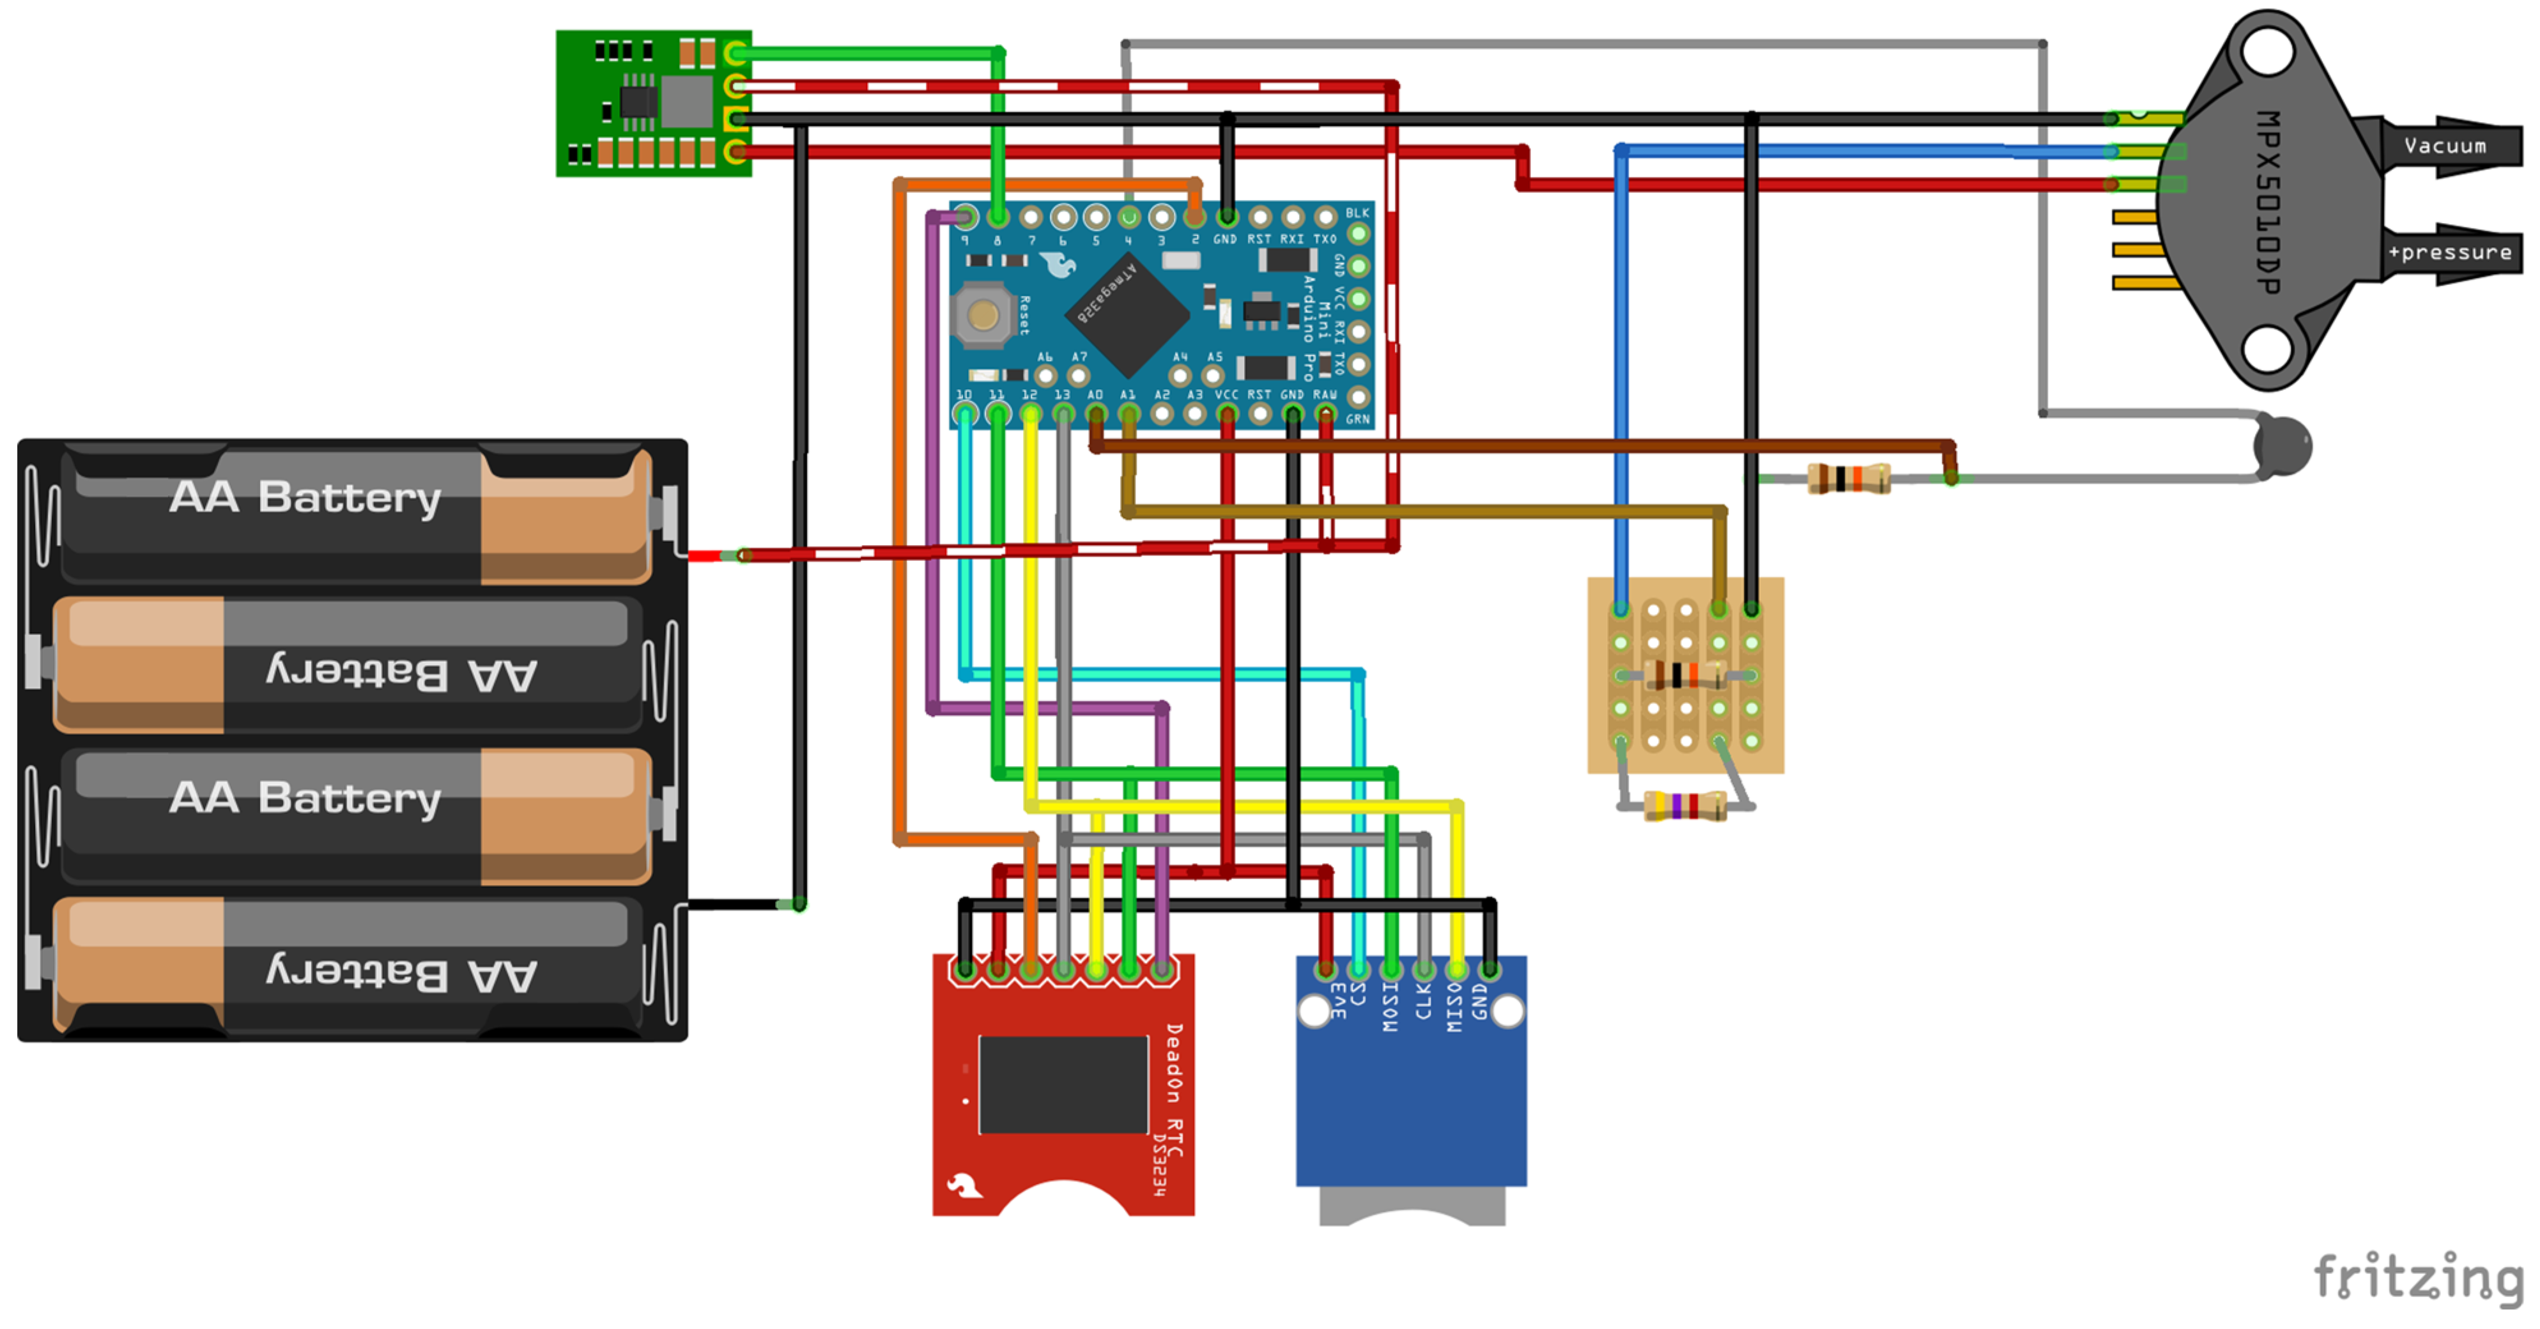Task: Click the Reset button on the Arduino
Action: pos(982,316)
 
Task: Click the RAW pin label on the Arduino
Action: pos(1324,394)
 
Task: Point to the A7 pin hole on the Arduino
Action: pos(1079,376)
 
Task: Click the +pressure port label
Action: pos(2449,252)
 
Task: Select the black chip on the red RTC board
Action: pos(1063,1084)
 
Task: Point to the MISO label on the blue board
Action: pos(1454,1006)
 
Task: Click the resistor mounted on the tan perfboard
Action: pos(1685,675)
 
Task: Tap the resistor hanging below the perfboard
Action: pos(1685,806)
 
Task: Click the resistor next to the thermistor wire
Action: pos(1848,479)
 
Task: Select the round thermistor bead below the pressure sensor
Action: pos(2284,445)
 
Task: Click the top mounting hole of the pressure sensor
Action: pos(2267,51)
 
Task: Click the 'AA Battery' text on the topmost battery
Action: pos(305,497)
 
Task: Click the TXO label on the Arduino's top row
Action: pos(1324,238)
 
